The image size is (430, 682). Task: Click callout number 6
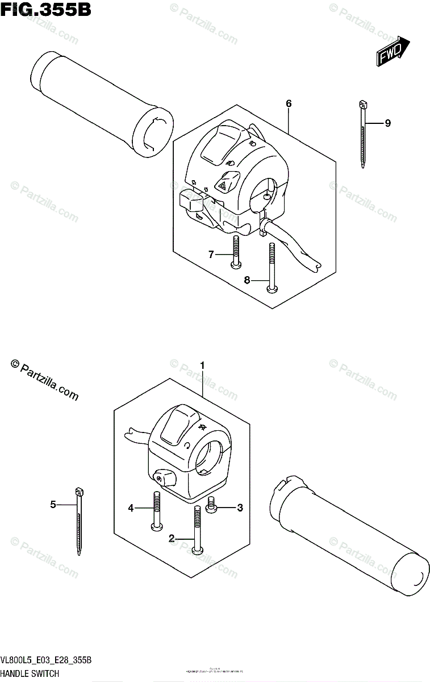[x=289, y=103]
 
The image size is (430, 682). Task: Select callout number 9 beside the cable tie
[x=387, y=123]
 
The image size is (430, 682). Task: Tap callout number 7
[x=211, y=255]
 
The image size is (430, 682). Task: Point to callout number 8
[x=247, y=280]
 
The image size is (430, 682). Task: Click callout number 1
[x=201, y=365]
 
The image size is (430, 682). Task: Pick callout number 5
[x=53, y=504]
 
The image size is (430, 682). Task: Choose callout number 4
[x=131, y=508]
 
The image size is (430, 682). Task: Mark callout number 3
[x=240, y=508]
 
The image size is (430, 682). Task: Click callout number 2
[x=171, y=538]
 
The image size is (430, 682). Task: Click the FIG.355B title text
[x=45, y=10]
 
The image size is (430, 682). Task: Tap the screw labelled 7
[x=235, y=252]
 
